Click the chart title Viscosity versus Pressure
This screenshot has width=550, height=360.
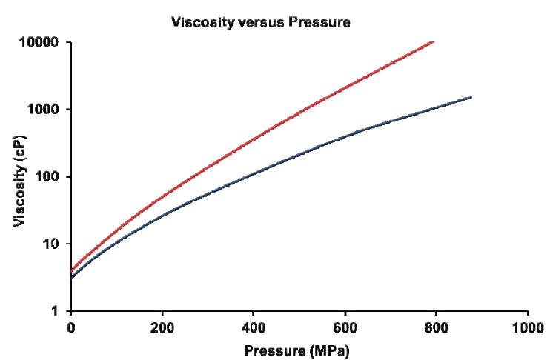(260, 22)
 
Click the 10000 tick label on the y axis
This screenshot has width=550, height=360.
(39, 42)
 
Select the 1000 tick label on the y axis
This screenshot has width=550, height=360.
(43, 110)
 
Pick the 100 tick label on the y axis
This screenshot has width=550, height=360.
(47, 177)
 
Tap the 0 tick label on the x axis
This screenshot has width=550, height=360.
(71, 326)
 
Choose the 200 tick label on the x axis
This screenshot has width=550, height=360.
(162, 326)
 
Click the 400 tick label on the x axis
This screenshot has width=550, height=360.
(254, 326)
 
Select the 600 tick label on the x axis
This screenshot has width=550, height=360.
(345, 326)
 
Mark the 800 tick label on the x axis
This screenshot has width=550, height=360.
(437, 326)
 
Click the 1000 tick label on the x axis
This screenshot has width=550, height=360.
(527, 326)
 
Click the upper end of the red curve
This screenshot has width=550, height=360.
(434, 42)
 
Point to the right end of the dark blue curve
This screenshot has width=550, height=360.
(471, 97)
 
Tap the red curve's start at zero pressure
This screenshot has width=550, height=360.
(72, 270)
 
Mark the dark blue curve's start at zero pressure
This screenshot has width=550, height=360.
(72, 278)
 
